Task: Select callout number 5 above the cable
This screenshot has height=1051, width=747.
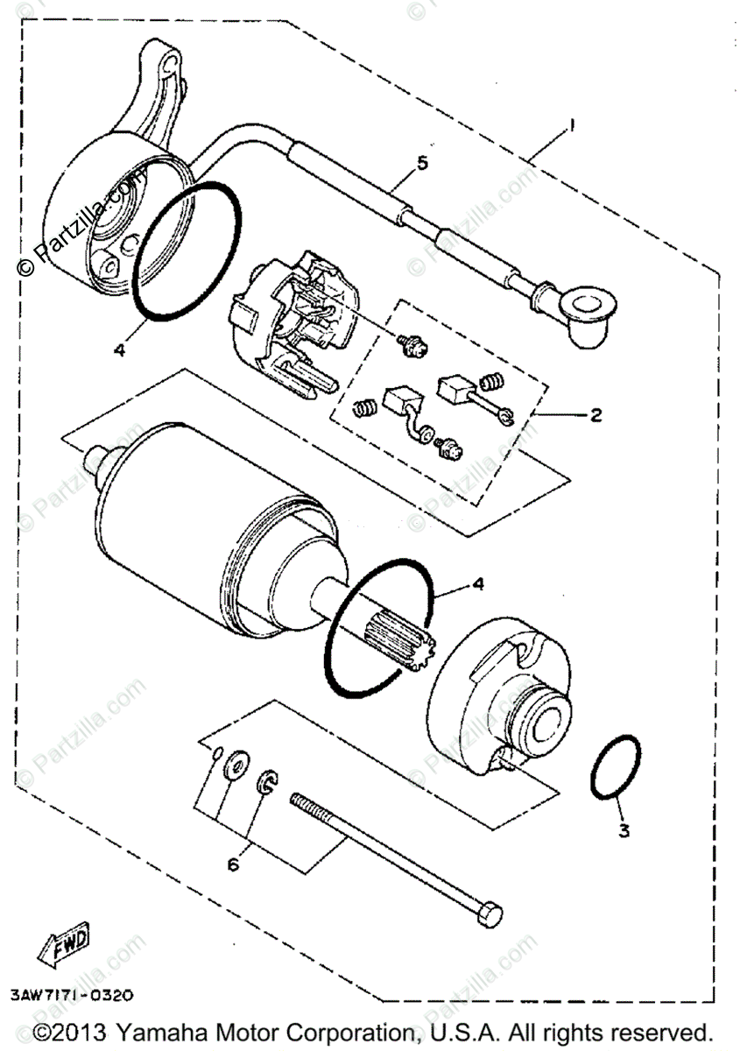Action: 423,164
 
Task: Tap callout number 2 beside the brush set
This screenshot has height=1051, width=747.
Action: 595,415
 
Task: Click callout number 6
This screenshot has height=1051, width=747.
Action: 233,865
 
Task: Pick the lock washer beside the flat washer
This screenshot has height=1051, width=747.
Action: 268,781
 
